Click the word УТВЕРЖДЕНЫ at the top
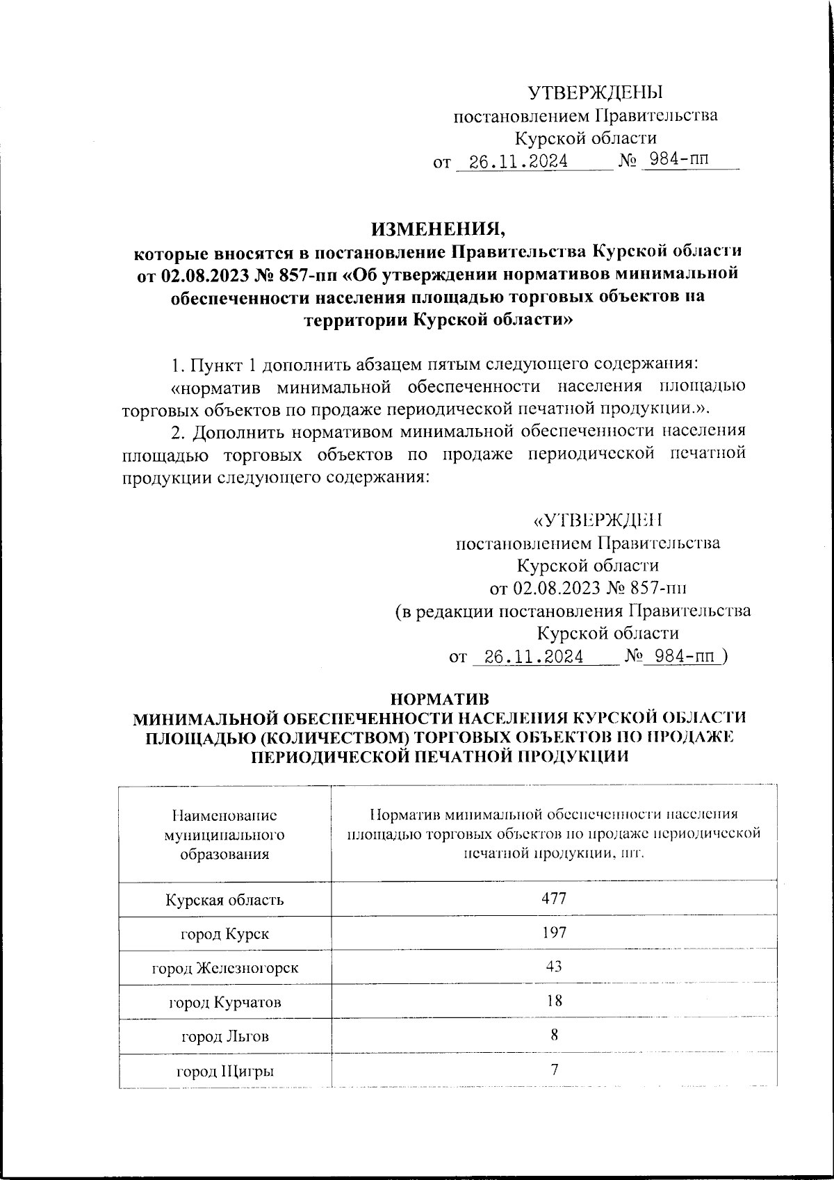click(x=596, y=92)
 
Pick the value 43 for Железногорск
click(x=554, y=966)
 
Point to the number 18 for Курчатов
click(x=554, y=1000)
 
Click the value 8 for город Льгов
click(x=554, y=1034)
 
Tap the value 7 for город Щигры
click(x=554, y=1069)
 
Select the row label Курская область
click(x=224, y=900)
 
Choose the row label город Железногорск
click(x=224, y=967)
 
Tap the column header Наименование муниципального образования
click(x=224, y=833)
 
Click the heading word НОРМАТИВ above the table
click(x=440, y=698)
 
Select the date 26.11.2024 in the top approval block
click(x=519, y=162)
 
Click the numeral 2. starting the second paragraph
click(x=179, y=431)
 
